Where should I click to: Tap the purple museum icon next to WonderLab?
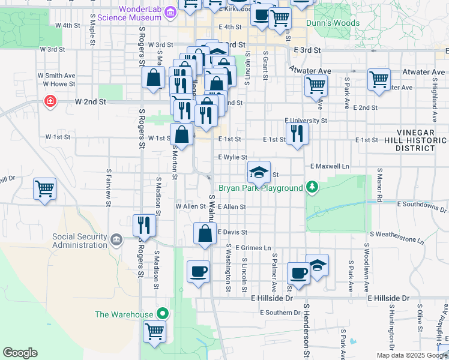pos(170,12)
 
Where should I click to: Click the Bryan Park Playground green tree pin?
pos(311,188)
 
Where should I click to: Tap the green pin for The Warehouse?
pos(161,313)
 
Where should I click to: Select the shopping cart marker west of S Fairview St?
pos(44,189)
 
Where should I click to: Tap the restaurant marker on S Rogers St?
pos(144,226)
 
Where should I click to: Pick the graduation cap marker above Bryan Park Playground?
pos(259,173)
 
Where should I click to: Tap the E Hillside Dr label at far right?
pos(388,298)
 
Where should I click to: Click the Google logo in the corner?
pos(20,353)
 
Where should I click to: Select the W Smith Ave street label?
pos(56,76)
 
